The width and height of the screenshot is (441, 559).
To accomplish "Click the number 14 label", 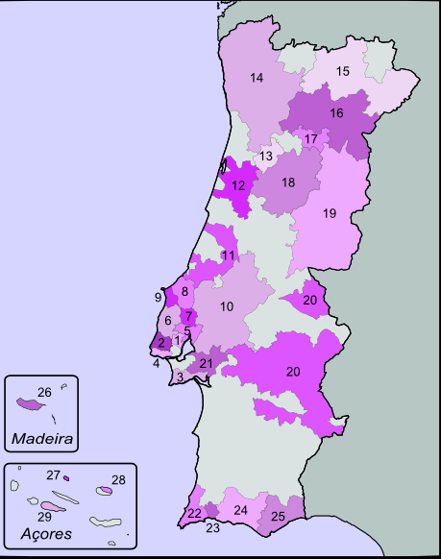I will click(257, 78).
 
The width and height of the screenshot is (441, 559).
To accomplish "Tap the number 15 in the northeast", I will click(343, 71).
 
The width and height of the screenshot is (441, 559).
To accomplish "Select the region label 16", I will click(336, 113).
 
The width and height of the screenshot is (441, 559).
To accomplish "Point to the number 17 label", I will click(310, 139).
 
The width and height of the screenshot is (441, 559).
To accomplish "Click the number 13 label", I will click(266, 156).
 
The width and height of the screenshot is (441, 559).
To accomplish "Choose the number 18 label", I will click(288, 182).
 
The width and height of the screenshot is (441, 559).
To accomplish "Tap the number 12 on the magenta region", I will click(238, 185).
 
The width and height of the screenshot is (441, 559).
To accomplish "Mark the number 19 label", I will click(330, 213).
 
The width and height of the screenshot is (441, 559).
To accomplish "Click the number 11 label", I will click(228, 255).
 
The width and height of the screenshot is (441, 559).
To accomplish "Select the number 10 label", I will click(227, 306).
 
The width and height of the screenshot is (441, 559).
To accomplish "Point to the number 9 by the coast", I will click(158, 298).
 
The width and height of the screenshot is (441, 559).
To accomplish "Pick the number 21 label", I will click(206, 363).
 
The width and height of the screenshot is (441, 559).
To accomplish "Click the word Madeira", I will click(41, 439).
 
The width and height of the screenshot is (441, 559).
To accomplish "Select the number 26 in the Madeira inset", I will click(43, 392).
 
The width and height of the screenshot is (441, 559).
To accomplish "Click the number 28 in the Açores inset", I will click(118, 479).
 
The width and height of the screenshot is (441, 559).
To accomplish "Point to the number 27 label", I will click(54, 474).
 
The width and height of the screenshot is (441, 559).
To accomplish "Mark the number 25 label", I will click(278, 517).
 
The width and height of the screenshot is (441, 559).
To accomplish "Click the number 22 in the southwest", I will click(194, 513).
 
